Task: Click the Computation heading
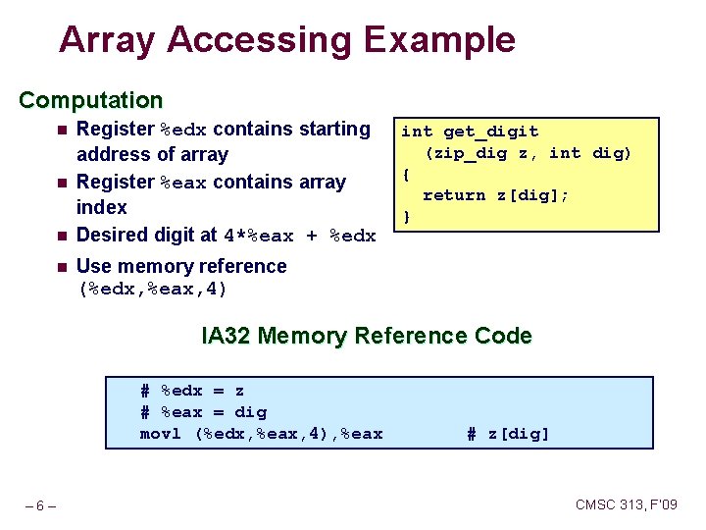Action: coord(91,100)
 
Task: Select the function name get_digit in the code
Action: coord(490,132)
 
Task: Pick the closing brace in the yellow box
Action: coord(407,216)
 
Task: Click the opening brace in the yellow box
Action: coord(407,175)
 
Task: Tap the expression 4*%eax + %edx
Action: coord(300,236)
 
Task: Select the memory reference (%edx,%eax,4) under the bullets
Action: coord(153,289)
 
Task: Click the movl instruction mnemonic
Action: coord(161,434)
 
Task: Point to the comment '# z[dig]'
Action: coord(508,434)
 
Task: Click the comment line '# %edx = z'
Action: coord(192,391)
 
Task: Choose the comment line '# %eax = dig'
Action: coord(203,412)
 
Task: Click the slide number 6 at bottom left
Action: coord(39,505)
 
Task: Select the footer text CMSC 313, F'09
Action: coord(626,504)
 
